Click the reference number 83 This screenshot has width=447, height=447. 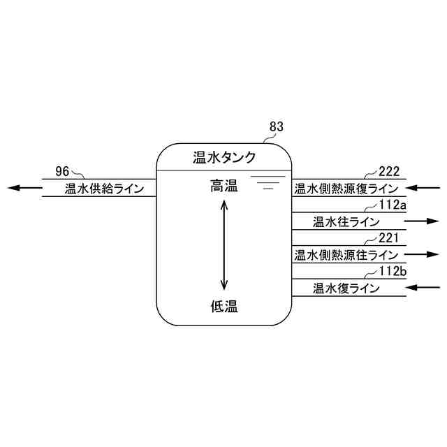(x=277, y=127)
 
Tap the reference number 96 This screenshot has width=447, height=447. (x=63, y=170)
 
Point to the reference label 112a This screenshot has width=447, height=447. (x=392, y=204)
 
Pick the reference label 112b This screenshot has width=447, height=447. (x=392, y=271)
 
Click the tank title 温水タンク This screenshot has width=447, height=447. (x=224, y=157)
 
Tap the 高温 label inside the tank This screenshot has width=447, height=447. (x=224, y=186)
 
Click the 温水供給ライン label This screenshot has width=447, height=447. (x=105, y=188)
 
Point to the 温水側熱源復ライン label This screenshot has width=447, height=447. (x=346, y=188)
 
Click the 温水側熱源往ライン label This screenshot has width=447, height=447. (x=346, y=255)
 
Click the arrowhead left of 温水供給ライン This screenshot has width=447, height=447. (x=15, y=188)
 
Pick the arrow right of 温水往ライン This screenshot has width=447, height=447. (x=422, y=221)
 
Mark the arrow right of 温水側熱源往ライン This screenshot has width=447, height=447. (x=422, y=255)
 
